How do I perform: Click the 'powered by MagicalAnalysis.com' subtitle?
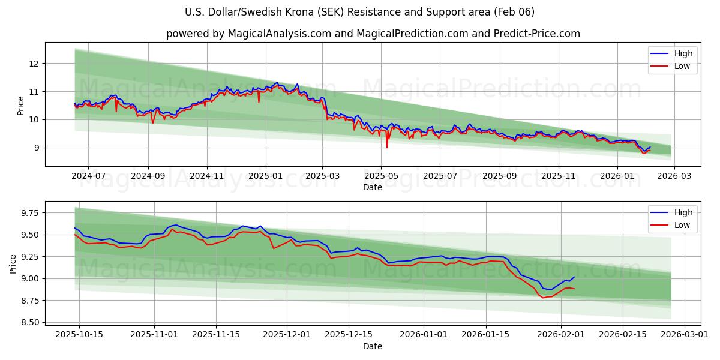(x=373, y=34)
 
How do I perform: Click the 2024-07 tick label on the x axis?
(x=88, y=176)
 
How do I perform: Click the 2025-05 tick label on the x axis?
(x=381, y=176)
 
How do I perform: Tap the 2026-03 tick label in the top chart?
(x=674, y=176)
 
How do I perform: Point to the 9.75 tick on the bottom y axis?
(x=29, y=213)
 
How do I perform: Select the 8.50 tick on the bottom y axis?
(x=29, y=322)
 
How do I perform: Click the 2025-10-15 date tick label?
(x=79, y=335)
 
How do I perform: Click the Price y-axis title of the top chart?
(x=21, y=106)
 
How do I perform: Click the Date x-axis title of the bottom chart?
(x=373, y=346)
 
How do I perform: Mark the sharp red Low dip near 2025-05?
(x=386, y=147)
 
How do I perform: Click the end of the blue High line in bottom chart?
(x=574, y=277)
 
